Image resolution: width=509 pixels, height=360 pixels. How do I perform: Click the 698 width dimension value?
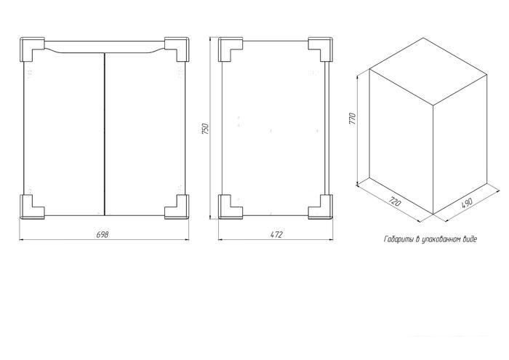click(103, 234)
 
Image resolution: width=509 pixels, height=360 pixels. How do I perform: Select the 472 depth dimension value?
click(276, 234)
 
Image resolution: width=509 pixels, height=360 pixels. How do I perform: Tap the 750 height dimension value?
click(205, 129)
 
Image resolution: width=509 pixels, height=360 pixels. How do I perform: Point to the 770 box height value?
click(353, 119)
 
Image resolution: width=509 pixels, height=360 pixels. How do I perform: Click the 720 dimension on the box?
click(395, 201)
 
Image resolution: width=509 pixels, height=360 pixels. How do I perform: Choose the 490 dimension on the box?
click(467, 202)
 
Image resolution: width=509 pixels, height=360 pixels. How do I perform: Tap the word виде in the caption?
click(470, 239)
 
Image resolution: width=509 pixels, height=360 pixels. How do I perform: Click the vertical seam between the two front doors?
click(105, 134)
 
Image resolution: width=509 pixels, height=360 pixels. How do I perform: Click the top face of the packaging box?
click(428, 71)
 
